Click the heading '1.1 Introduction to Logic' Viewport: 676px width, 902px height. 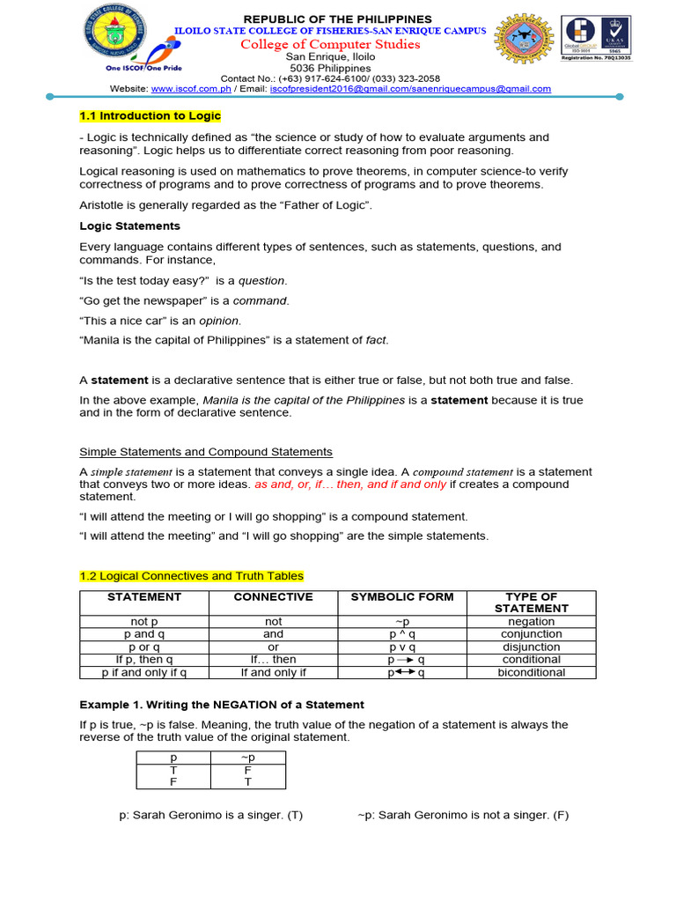click(151, 116)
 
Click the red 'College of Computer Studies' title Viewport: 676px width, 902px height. click(338, 45)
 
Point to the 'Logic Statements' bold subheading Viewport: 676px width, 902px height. click(129, 226)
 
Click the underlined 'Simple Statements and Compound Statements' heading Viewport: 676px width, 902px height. click(206, 452)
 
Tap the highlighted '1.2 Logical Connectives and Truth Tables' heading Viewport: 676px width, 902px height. click(191, 576)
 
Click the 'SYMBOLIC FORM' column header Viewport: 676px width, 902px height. click(402, 597)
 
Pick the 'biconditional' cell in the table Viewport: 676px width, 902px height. click(532, 672)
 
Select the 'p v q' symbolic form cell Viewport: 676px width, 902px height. click(402, 647)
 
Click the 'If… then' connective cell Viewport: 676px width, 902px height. click(273, 659)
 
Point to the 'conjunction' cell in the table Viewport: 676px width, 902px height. click(532, 634)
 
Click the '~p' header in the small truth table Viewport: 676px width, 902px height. click(248, 757)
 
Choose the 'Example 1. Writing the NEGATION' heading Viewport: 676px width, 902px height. click(222, 705)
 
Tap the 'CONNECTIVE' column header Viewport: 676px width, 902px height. click(273, 597)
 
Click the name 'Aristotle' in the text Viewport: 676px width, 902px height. click(104, 205)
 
